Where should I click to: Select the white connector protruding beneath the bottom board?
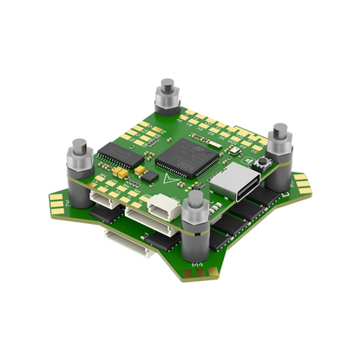[118, 234]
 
